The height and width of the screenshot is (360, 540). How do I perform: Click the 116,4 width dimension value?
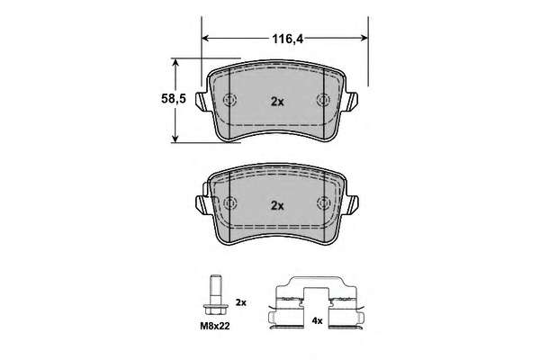pos(288,39)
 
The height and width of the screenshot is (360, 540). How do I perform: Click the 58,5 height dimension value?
pos(174,99)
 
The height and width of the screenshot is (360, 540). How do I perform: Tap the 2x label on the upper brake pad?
pos(277,102)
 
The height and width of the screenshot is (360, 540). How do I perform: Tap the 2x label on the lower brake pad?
pos(277,206)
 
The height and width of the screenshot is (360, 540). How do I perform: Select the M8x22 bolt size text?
pos(215,326)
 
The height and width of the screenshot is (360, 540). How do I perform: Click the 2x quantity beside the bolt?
pos(241,302)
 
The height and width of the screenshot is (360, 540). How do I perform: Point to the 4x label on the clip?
pos(317,321)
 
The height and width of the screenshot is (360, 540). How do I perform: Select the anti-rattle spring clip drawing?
pos(316,302)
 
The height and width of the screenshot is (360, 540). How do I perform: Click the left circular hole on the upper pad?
pos(229,100)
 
